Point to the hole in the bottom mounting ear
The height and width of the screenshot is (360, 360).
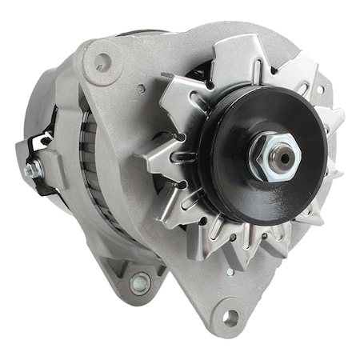tap(232, 318)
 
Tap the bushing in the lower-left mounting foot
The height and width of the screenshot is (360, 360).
tap(140, 283)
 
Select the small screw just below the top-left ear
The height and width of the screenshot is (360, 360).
tap(140, 90)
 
